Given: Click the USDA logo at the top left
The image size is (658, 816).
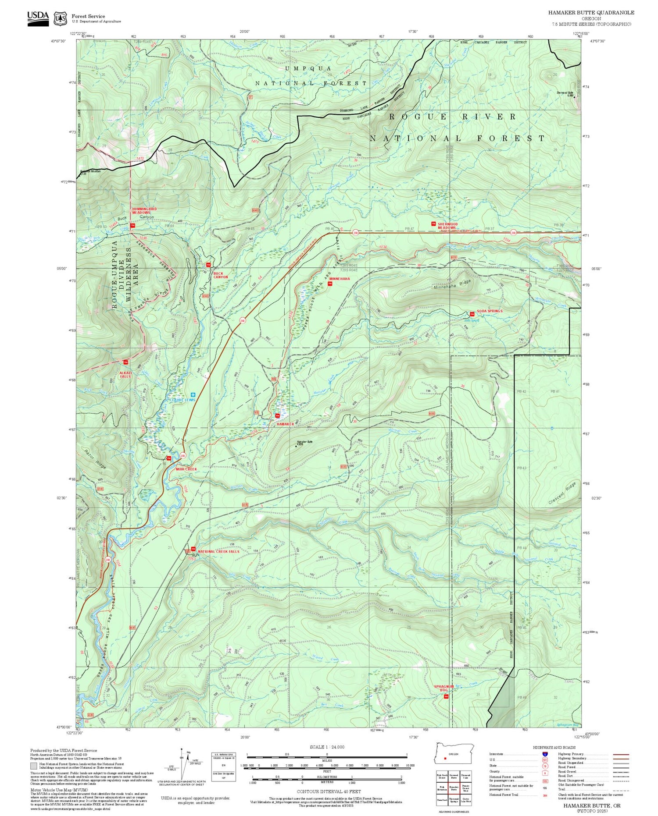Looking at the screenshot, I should [38, 18].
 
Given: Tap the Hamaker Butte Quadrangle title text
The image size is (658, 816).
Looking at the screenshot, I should [591, 13].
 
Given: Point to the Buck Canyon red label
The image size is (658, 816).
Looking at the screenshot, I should [221, 275].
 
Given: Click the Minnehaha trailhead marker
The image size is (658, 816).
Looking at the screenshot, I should [330, 284].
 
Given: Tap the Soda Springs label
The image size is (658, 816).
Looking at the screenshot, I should [490, 311].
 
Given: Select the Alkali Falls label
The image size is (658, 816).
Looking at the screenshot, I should [125, 375].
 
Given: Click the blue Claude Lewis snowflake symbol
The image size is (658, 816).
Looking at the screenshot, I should [192, 395].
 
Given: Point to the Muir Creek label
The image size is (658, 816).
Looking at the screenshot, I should [186, 469].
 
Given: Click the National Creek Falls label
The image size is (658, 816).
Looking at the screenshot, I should [218, 552].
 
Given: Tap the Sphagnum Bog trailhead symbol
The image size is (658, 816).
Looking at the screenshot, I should [446, 696].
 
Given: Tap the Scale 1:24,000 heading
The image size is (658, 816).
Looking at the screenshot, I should [327, 747].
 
